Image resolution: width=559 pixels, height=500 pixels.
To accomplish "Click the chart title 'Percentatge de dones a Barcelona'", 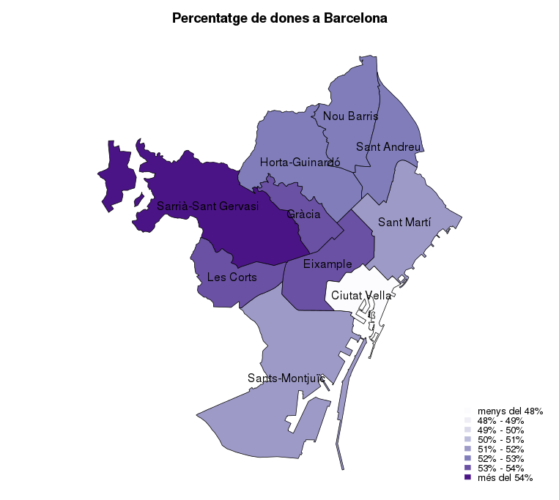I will tap(279, 18).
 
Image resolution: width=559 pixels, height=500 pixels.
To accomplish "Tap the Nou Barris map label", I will tap(350, 116).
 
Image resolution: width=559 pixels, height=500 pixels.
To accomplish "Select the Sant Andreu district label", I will tap(388, 147).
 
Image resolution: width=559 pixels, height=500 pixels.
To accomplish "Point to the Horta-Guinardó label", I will tap(300, 163).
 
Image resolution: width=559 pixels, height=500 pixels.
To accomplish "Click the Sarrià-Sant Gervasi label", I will tap(208, 206).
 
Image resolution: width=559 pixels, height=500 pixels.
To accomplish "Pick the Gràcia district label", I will tap(303, 214).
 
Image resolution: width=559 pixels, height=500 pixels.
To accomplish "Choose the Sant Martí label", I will tap(404, 221).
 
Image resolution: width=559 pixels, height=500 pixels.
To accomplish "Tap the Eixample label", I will tap(327, 264).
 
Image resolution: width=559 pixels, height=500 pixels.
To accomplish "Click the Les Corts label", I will tap(232, 277).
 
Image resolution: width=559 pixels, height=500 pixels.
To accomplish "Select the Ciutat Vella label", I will tap(361, 296).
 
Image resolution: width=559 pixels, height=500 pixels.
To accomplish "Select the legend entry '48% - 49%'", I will tap(500, 421).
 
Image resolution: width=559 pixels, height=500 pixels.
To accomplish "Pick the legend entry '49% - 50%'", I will tap(500, 430).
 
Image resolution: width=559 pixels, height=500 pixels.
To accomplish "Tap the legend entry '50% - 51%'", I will tap(500, 440).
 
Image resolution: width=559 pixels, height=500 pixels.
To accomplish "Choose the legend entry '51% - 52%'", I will tap(500, 449).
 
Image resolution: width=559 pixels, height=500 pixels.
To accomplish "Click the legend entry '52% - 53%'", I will tap(500, 459).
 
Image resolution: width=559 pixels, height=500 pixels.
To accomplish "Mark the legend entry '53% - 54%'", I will tap(500, 469).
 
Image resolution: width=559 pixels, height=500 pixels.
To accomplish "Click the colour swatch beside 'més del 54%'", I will tap(467, 478).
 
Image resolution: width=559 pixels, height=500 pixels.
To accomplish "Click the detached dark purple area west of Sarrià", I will tap(116, 176).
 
